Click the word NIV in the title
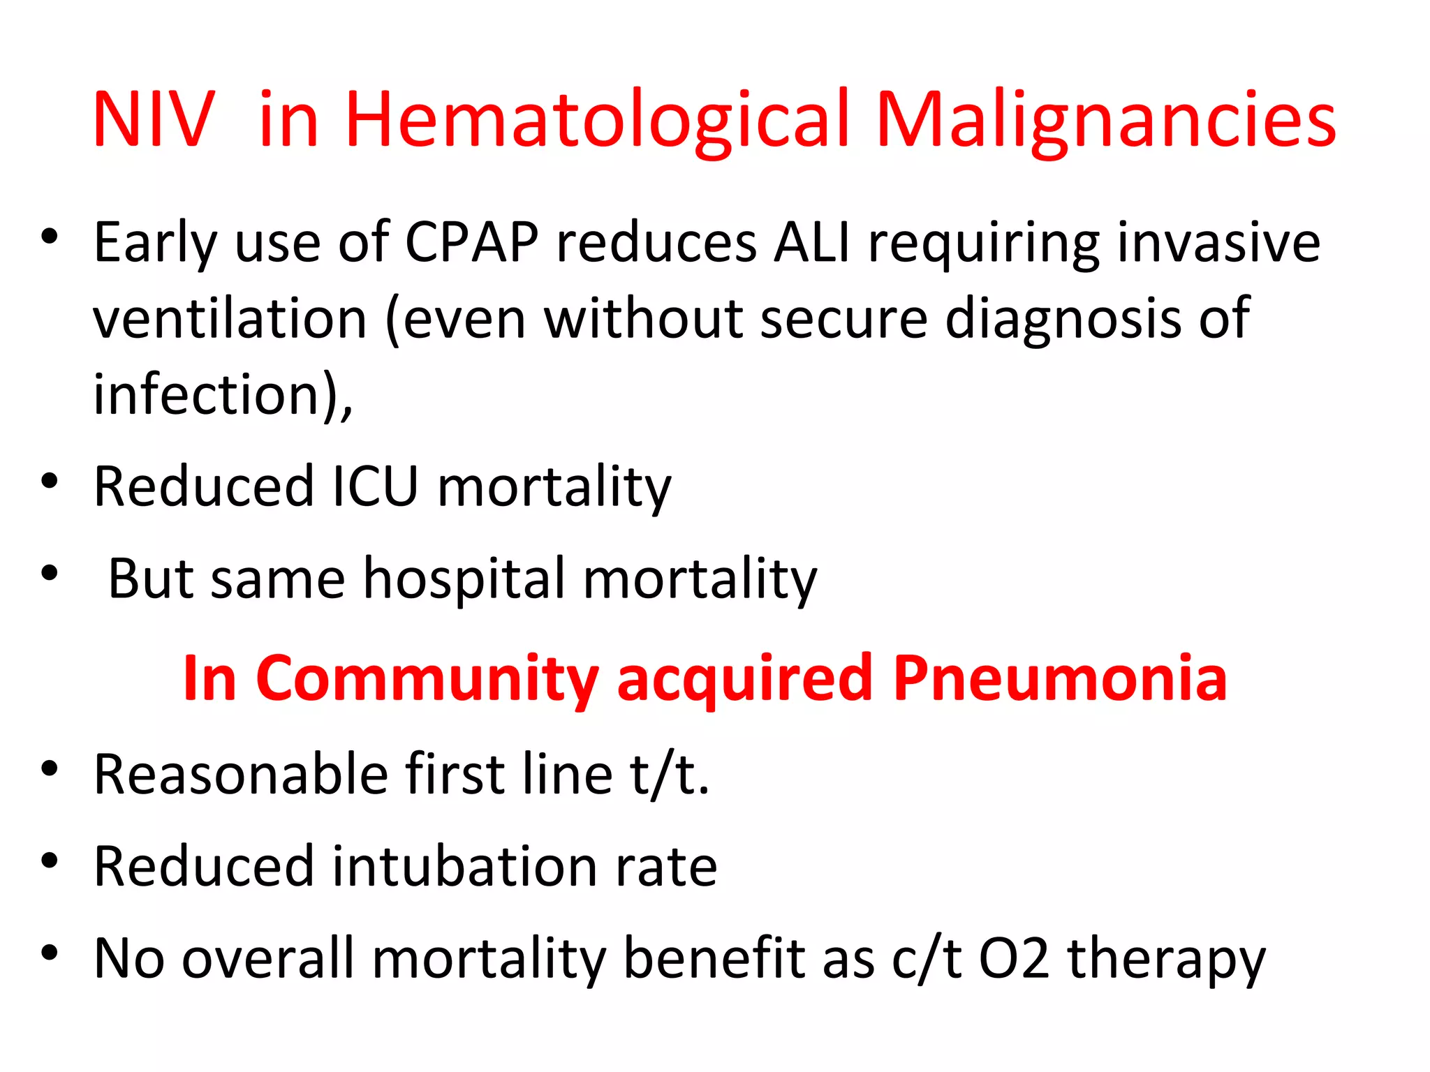click(x=154, y=120)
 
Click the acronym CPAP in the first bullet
click(x=472, y=242)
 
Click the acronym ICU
click(x=375, y=486)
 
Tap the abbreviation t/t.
click(x=669, y=774)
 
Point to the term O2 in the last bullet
click(x=1014, y=958)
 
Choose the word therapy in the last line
click(x=1166, y=958)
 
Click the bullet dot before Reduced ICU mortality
click(x=49, y=482)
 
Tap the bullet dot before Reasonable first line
click(x=49, y=769)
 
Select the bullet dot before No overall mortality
click(x=49, y=953)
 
